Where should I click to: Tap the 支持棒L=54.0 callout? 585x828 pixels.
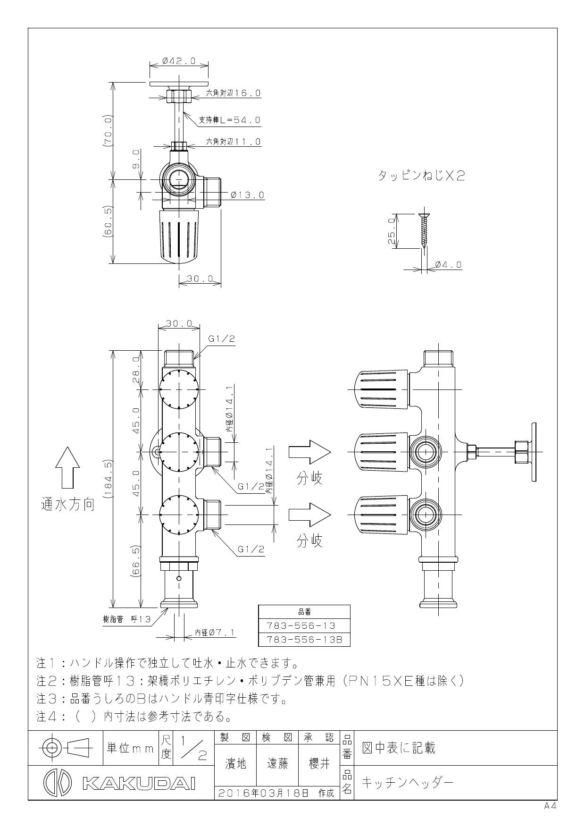point(229,120)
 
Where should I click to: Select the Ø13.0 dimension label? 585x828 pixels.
point(248,194)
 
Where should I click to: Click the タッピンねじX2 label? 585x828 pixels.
point(422,176)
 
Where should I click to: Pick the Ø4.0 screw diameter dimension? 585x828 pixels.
point(448,265)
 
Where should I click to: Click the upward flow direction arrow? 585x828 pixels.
point(67,468)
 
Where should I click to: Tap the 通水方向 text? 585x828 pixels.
point(67,505)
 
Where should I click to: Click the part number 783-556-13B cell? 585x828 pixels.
point(304,640)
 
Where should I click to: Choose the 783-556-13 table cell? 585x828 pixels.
point(304,626)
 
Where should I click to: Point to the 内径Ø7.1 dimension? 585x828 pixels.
point(215,633)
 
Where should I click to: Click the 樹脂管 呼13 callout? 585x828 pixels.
point(126,619)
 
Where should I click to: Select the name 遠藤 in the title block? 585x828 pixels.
point(277,763)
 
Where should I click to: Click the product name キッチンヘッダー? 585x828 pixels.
point(408,783)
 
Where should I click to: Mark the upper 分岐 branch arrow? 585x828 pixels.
point(310,451)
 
